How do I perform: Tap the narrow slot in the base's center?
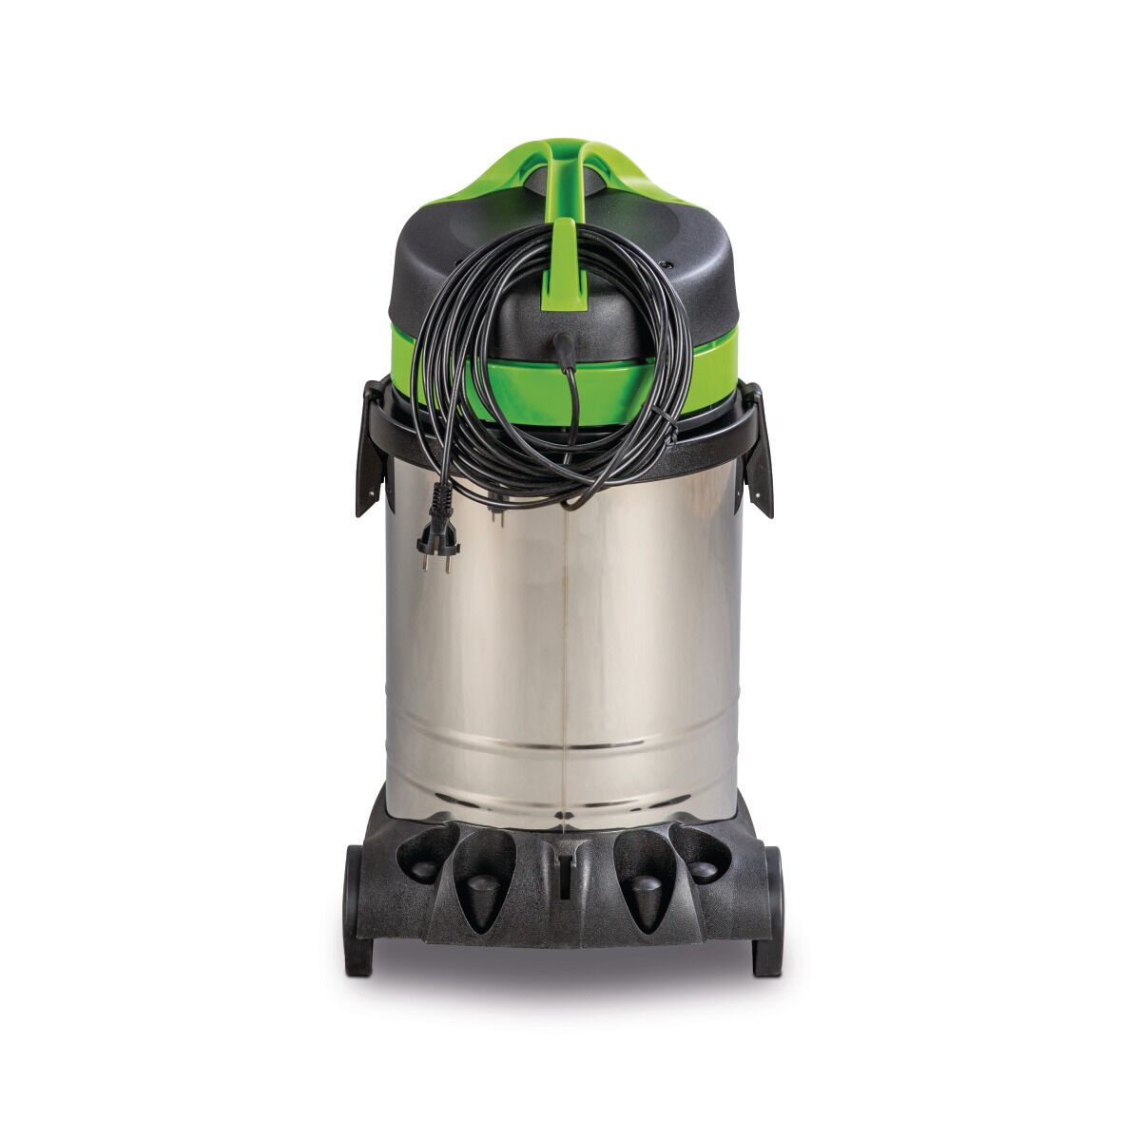pyautogui.click(x=565, y=870)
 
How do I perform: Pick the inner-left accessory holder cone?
pyautogui.click(x=484, y=889)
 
